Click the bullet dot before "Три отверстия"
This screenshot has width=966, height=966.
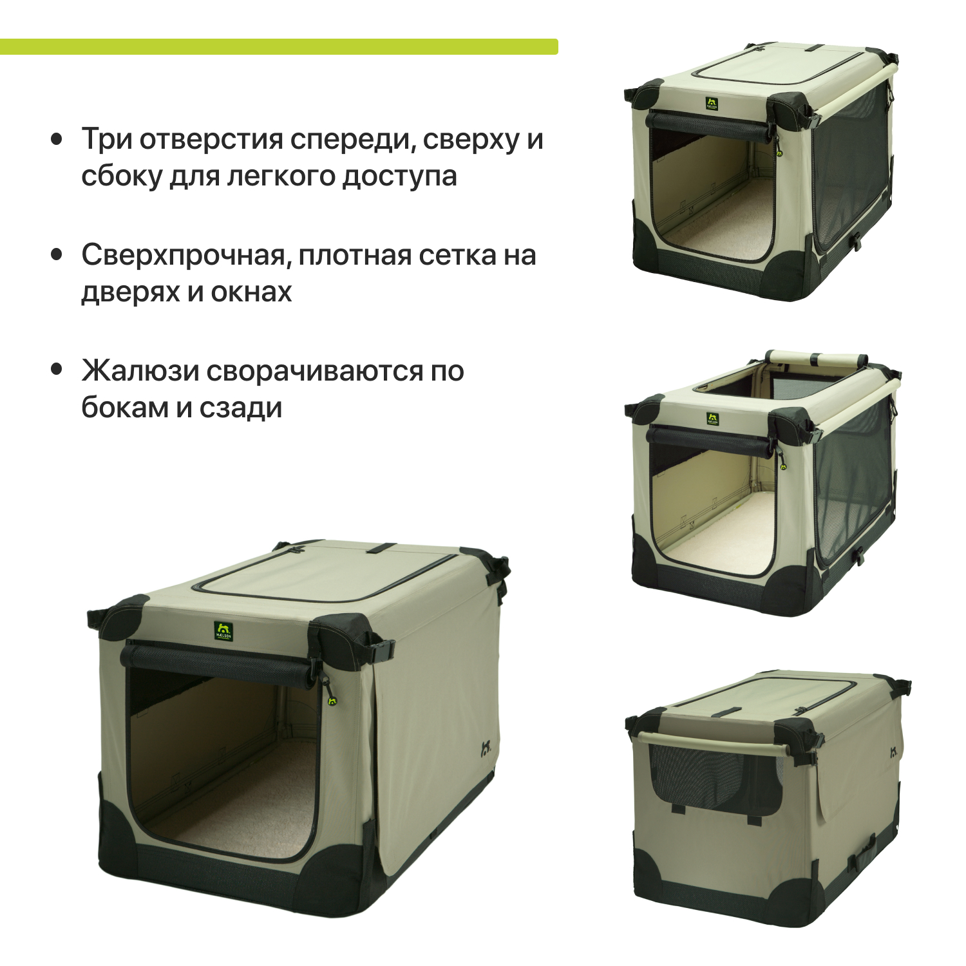[57, 138]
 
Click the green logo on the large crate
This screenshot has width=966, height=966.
[223, 630]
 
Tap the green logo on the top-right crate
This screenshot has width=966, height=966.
[711, 104]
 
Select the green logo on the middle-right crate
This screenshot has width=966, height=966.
[712, 419]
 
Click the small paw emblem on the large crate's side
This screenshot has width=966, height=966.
[487, 749]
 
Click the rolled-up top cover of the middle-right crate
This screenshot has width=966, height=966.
[817, 358]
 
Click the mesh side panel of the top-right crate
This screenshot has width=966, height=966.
[850, 167]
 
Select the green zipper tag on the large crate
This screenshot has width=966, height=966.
[332, 701]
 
